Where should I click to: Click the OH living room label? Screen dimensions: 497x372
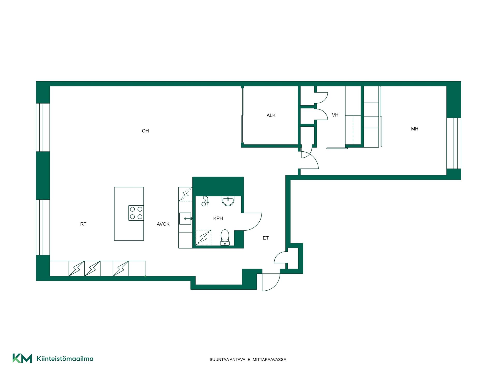point(145,131)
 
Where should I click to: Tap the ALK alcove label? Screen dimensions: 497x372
point(271,115)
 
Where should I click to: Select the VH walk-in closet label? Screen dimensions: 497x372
point(335,115)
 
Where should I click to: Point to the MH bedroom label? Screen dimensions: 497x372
point(415,129)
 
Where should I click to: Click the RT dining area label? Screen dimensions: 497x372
point(83,224)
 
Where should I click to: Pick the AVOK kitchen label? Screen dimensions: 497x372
point(163,224)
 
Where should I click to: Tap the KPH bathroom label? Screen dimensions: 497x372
point(218,219)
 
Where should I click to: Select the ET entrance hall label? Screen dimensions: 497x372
point(266,238)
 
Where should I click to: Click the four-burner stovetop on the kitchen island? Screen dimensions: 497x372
point(136,213)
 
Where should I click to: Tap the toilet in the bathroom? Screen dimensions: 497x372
point(225,237)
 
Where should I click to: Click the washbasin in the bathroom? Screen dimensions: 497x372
point(228,201)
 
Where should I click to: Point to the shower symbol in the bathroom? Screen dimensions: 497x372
point(205,201)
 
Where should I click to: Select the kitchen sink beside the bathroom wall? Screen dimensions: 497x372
point(185,219)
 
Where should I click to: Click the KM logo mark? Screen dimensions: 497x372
point(22,358)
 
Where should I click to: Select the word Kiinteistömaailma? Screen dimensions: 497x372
point(65,359)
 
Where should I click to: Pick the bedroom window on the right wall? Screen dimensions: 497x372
point(454,143)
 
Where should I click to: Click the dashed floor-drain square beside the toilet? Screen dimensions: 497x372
point(203,237)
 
